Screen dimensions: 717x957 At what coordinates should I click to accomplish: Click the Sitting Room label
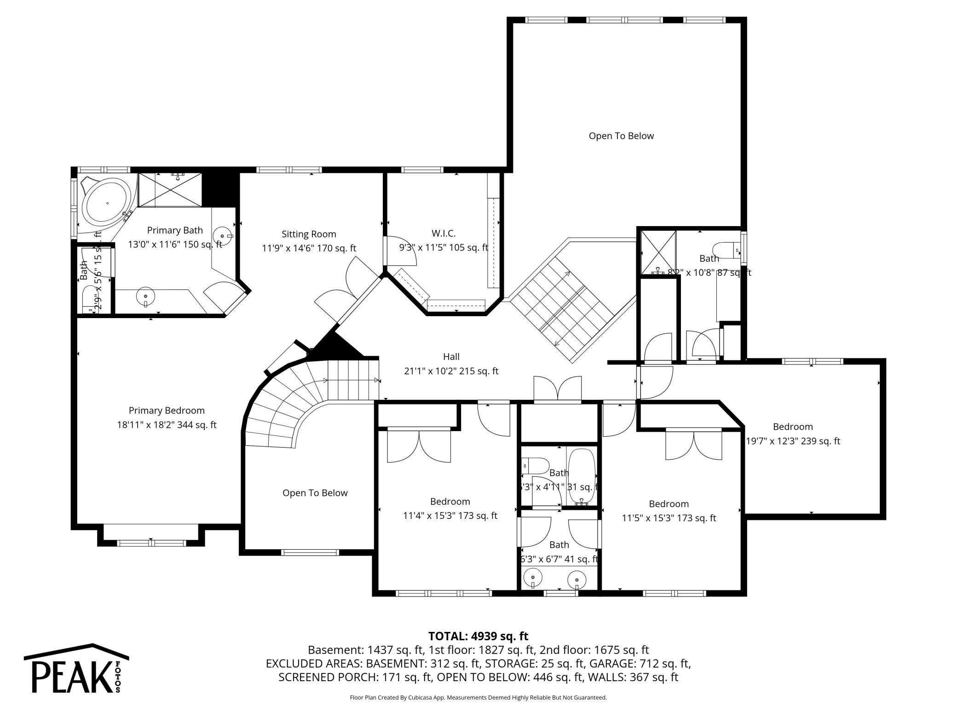(309, 234)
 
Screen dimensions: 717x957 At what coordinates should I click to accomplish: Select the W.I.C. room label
(443, 233)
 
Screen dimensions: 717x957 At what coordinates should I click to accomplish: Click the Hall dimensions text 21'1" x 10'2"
(451, 371)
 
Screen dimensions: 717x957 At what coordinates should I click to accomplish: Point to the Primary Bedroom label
(167, 410)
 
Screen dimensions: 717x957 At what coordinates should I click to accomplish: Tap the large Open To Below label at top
(621, 136)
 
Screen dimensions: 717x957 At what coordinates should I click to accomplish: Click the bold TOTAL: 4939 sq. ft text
(478, 636)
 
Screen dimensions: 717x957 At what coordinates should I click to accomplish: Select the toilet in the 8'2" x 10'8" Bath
(726, 249)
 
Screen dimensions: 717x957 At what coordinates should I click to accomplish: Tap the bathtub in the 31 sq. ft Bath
(582, 477)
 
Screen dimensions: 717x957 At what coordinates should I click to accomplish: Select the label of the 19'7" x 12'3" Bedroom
(792, 427)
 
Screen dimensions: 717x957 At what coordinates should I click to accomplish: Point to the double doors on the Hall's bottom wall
(557, 389)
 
